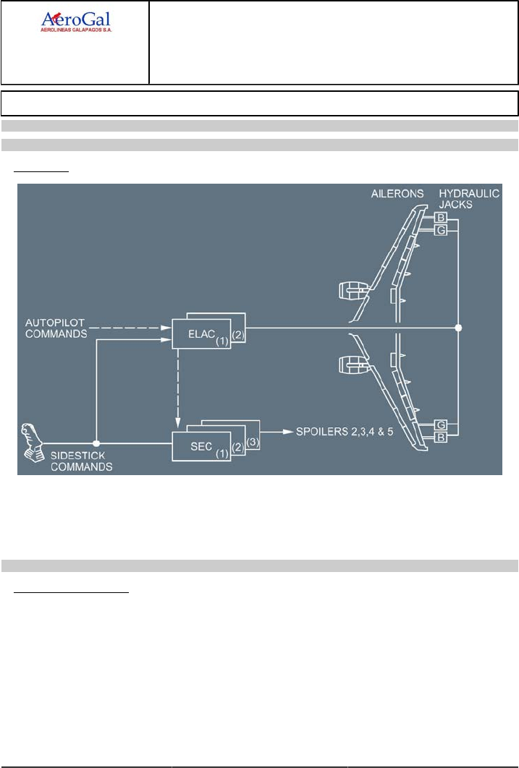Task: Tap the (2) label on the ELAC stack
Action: pos(239,336)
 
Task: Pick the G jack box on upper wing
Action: pos(440,230)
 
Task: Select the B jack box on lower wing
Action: pos(440,438)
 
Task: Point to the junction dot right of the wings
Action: pos(458,328)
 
